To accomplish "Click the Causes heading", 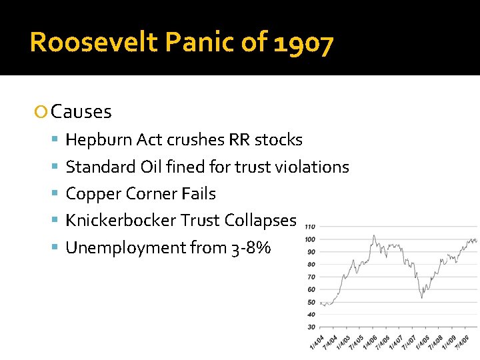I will [x=81, y=111].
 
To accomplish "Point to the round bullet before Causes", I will [x=42, y=112].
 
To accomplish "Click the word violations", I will [x=316, y=167].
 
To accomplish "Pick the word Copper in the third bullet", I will [x=89, y=194].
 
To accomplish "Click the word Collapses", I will [x=261, y=221].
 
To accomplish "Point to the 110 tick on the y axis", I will [x=310, y=227].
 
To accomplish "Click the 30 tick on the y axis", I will [x=311, y=327].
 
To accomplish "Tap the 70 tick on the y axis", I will [x=311, y=277].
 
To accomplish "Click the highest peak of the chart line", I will [x=375, y=235].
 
